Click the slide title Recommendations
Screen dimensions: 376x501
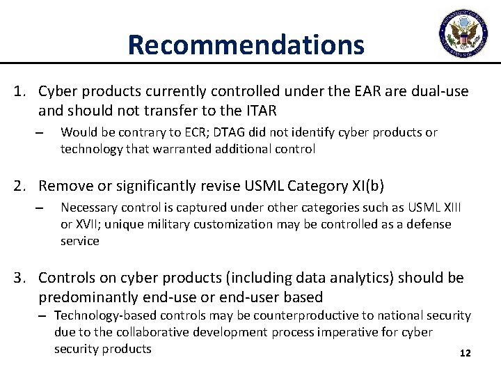[x=246, y=45]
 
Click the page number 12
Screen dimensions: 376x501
[x=466, y=354]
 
